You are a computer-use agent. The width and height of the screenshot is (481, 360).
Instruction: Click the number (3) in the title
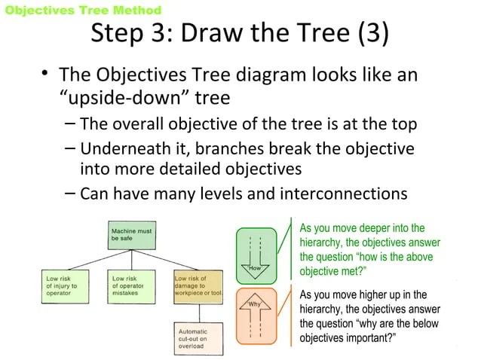(374, 34)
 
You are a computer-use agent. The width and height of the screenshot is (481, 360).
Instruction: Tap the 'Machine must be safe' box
(132, 234)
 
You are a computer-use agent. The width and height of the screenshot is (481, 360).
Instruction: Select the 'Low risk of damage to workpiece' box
(198, 287)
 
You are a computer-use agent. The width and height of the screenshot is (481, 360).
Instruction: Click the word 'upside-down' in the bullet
(125, 99)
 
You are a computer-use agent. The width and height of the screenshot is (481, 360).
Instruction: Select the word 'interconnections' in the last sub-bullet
(343, 194)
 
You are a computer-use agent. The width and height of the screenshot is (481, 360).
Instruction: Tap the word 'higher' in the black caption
(376, 294)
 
